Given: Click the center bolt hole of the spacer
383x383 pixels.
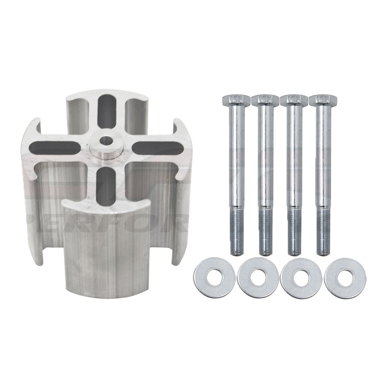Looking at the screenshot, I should (104, 141).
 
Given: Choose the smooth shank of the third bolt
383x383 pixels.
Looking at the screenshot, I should (292, 160).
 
